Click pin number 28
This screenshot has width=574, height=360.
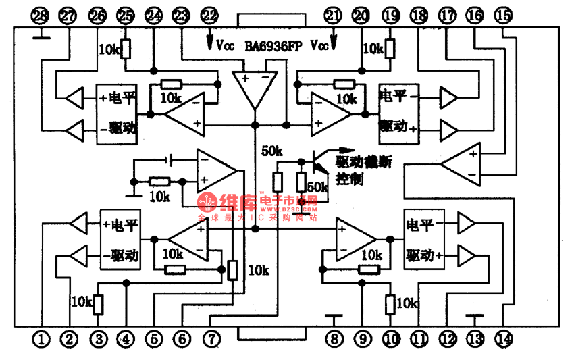click(41, 16)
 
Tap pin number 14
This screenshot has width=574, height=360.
click(504, 340)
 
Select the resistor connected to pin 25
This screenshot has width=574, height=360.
click(126, 49)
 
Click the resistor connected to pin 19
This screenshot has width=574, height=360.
click(390, 49)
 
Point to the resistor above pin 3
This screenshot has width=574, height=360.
click(99, 305)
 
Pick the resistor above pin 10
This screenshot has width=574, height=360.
click(390, 305)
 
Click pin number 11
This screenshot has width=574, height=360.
click(419, 340)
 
